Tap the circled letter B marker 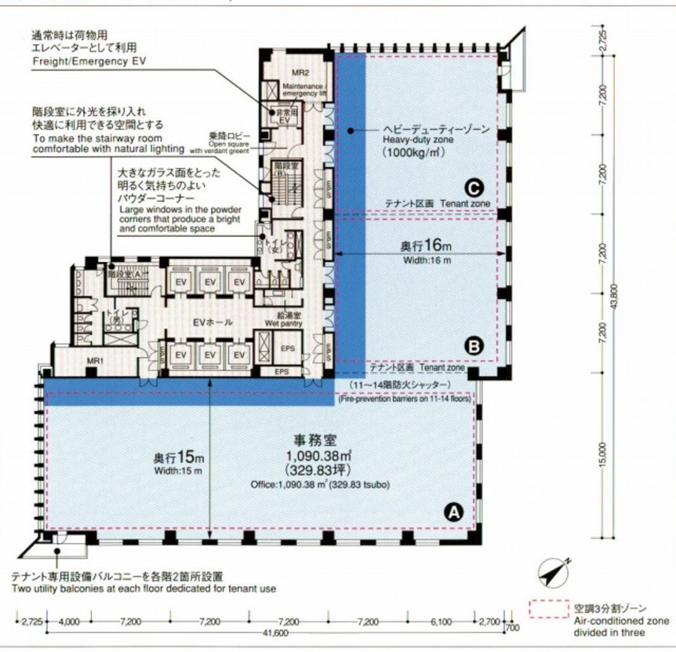(474, 346)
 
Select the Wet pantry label (284, 324)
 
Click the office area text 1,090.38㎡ (319, 456)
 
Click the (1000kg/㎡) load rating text (411, 152)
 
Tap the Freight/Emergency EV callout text (89, 61)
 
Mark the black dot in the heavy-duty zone (350, 131)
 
